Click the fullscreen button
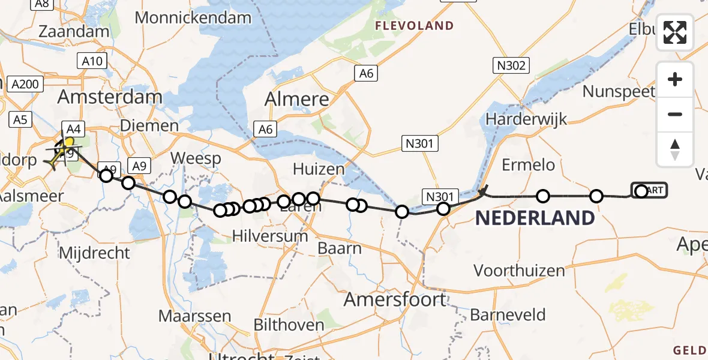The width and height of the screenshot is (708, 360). [675, 32]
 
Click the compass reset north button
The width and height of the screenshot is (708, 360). [675, 149]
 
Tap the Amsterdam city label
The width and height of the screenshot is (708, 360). [111, 97]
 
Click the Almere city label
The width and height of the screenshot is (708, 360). [297, 99]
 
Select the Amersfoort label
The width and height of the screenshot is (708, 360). [395, 298]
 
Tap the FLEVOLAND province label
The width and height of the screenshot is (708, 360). [414, 26]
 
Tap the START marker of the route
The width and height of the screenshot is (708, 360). [649, 191]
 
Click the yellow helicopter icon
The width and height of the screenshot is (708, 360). [62, 150]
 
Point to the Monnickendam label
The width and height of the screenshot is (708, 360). [193, 17]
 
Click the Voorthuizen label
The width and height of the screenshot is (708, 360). [519, 270]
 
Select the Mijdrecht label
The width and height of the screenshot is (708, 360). [94, 253]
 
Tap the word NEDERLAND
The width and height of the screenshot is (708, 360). [535, 218]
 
